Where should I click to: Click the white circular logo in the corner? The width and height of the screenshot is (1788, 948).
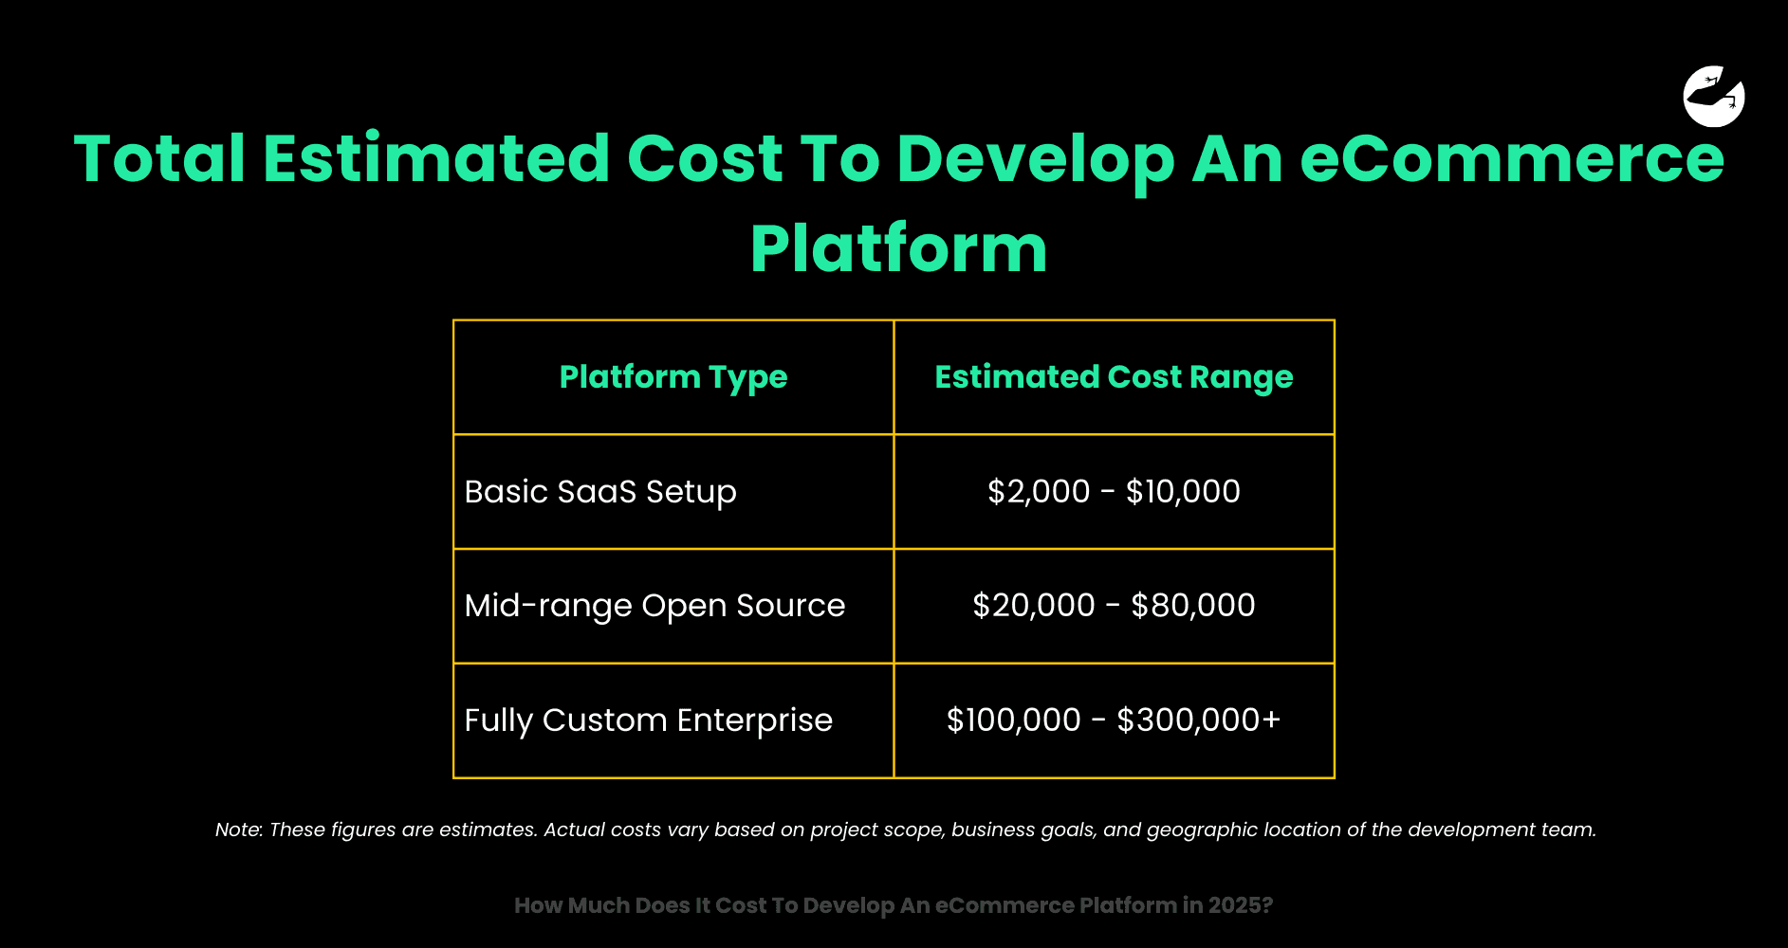pos(1714,96)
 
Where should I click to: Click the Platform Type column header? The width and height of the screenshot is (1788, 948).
pos(673,378)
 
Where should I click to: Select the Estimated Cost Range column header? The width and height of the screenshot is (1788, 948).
pos(1114,377)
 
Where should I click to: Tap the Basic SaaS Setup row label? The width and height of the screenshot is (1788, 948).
pos(600,493)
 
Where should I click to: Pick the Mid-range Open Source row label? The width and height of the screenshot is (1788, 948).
pos(654,607)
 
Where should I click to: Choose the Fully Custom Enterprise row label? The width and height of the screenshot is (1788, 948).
pos(648,720)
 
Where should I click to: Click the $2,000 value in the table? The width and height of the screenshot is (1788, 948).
pos(1039,492)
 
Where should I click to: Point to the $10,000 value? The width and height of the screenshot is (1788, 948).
pos(1183,492)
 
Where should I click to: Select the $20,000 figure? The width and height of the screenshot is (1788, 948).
pos(1034,606)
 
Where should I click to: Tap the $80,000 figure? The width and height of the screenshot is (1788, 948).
pos(1193,606)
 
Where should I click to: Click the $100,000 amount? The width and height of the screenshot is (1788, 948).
pos(1014,720)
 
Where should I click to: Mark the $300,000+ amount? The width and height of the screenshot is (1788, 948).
pos(1199,720)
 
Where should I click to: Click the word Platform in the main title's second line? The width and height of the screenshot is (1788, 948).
pos(898,248)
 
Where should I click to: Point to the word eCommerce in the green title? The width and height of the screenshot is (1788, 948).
pos(1512,158)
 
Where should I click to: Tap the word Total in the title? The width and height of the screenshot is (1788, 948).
pos(159,158)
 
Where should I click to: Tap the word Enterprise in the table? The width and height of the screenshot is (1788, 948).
pos(755,720)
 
